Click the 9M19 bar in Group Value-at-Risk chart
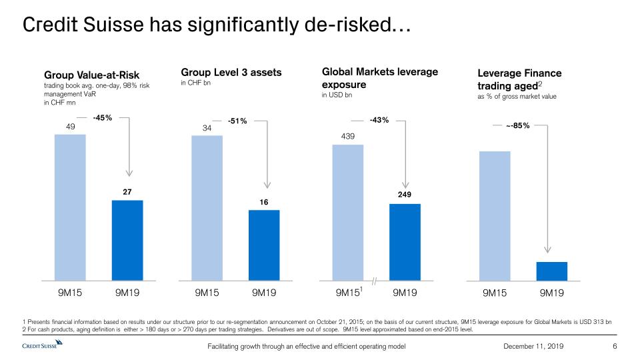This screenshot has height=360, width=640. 127,240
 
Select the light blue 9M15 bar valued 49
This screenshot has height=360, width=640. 70,207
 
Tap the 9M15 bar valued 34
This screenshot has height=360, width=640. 207,208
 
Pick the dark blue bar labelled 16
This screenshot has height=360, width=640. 264,245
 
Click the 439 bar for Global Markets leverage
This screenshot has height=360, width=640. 347,212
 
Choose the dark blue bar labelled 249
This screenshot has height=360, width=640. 405,242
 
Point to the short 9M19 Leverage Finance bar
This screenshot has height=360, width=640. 551,271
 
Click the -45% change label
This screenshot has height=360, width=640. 103,118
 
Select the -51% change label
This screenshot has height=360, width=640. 237,121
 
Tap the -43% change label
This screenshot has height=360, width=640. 379,121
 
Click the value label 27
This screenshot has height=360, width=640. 127,192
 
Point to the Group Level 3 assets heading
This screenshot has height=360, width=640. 231,72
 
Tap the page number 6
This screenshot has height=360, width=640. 615,346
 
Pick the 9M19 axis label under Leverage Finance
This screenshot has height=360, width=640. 551,293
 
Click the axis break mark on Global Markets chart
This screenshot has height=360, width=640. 375,282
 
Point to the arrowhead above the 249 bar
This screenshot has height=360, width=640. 405,181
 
